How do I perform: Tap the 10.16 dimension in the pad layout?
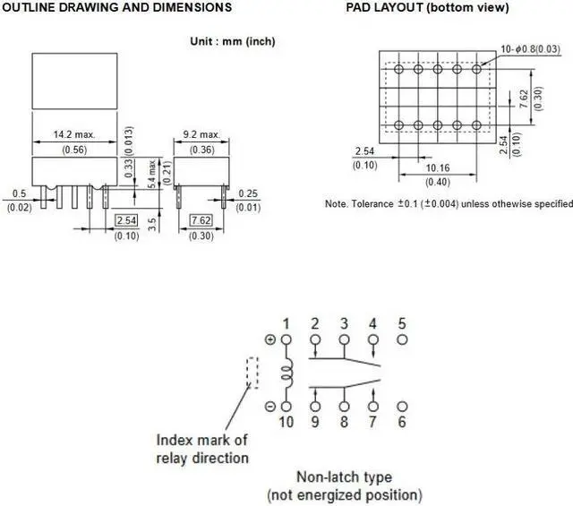tap(438, 167)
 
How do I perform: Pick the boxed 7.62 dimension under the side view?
tap(201, 220)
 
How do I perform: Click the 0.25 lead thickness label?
tap(248, 193)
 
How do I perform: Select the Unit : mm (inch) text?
tap(233, 41)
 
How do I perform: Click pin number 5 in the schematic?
tap(401, 323)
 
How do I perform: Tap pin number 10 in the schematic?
tap(286, 421)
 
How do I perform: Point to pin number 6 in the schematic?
tap(401, 421)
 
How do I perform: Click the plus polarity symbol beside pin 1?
tap(270, 339)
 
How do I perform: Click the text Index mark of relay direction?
tap(202, 449)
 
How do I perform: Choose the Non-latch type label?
tap(345, 477)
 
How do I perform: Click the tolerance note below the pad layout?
tap(449, 204)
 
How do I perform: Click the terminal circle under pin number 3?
tap(344, 339)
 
